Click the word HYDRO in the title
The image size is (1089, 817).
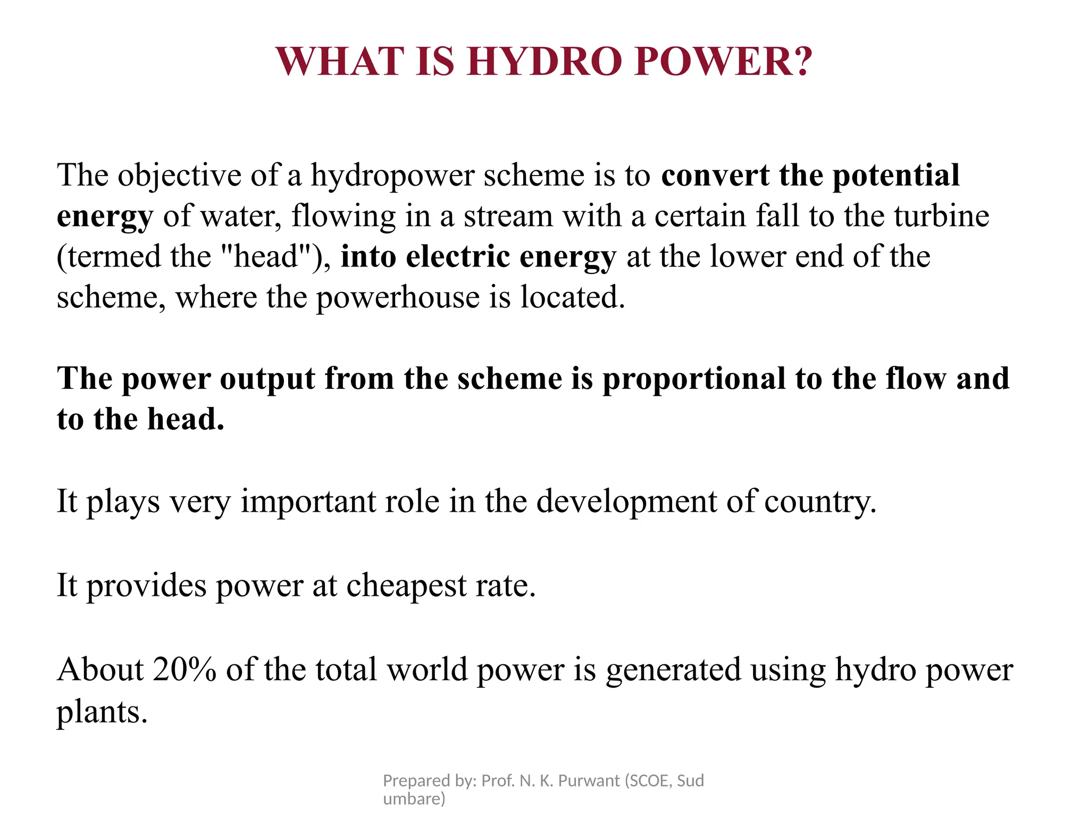tap(544, 61)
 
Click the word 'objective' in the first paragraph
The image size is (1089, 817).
tap(179, 176)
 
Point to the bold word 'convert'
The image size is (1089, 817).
tap(715, 176)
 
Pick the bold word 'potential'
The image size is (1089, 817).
tap(896, 176)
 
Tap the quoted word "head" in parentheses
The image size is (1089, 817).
tap(266, 256)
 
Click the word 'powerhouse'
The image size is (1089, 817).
tap(398, 297)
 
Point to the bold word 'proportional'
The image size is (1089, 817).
tap(694, 379)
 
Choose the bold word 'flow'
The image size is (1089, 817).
tap(916, 379)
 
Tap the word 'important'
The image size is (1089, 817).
tap(308, 501)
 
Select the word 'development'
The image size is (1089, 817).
tap(626, 501)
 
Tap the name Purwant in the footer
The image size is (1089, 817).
tap(589, 780)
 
